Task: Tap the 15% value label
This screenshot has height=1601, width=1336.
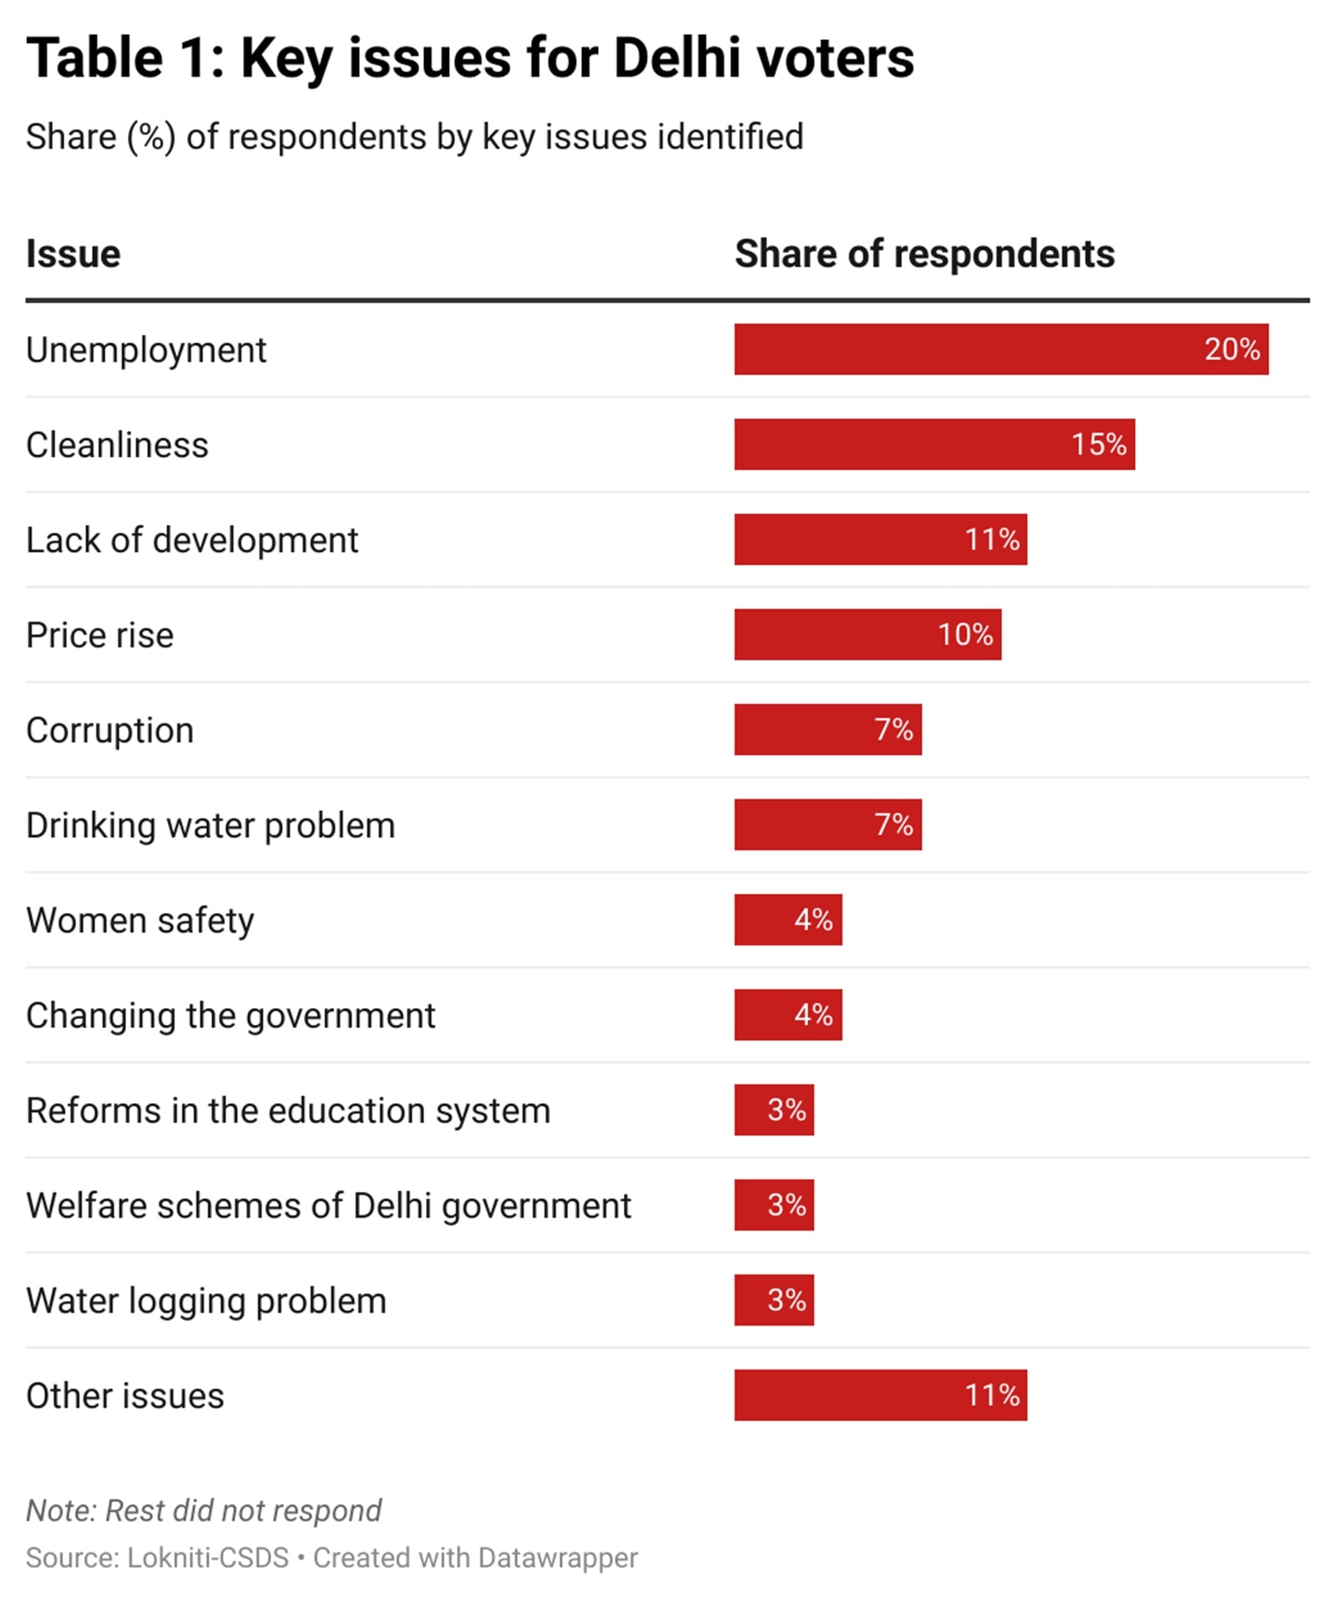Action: click(x=1098, y=444)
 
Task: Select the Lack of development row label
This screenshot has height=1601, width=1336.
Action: click(x=191, y=540)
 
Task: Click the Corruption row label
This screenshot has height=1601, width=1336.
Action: click(x=109, y=731)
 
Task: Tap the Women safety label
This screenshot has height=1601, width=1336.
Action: click(x=139, y=920)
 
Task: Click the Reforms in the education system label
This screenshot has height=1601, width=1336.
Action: click(x=288, y=1111)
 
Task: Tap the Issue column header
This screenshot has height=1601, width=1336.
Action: click(x=73, y=254)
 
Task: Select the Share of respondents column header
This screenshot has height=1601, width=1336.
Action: click(x=924, y=254)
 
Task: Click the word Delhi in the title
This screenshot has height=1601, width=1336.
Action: click(x=676, y=58)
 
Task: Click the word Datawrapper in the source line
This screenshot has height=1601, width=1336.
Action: click(x=558, y=1558)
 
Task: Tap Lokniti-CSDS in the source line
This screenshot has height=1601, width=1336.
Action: click(x=207, y=1558)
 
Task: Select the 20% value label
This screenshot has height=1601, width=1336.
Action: click(x=1231, y=349)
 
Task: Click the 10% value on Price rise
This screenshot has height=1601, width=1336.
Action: click(x=964, y=635)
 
